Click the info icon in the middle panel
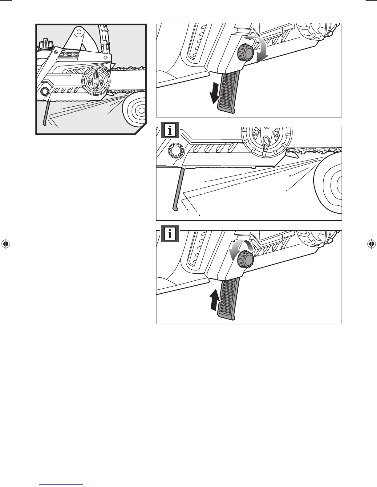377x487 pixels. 170,131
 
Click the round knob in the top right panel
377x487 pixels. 245,52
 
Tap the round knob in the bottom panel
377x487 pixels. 246,259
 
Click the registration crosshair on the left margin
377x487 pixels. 6,244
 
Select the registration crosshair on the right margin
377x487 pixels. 371,244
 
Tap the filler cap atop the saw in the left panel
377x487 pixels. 45,44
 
